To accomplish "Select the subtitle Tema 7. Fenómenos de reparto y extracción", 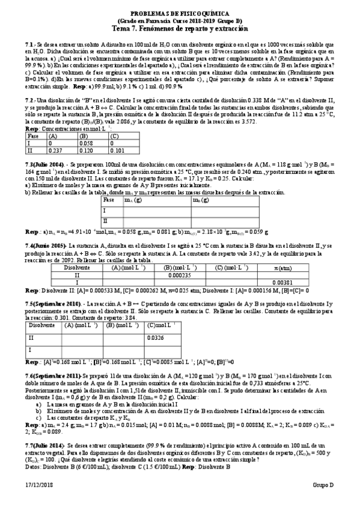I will click(180, 28).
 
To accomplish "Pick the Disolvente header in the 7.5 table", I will click(40, 325).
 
